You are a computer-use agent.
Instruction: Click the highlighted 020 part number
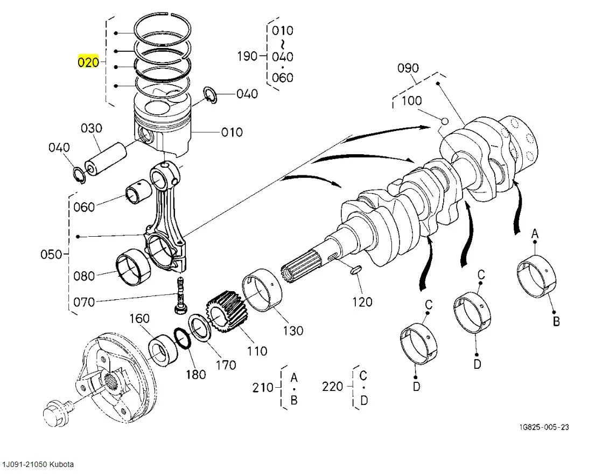point(89,62)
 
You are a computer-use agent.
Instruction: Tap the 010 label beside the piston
point(232,132)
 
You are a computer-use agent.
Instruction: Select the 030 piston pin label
point(92,129)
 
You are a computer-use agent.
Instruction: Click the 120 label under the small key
point(361,302)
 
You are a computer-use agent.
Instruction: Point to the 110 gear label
point(256,351)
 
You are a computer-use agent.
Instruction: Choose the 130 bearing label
point(293,331)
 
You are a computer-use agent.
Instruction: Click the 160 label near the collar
point(139,319)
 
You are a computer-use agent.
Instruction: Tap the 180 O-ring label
point(195,374)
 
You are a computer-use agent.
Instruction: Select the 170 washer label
point(226,365)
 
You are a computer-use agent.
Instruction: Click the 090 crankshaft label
point(408,68)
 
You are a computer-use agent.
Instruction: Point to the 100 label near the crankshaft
point(412,100)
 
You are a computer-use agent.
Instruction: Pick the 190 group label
point(247,56)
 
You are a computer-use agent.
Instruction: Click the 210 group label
point(263,387)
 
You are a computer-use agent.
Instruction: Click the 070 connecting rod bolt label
point(83,302)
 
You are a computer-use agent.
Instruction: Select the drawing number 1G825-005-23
point(544,427)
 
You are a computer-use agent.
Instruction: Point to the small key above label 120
point(356,269)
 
